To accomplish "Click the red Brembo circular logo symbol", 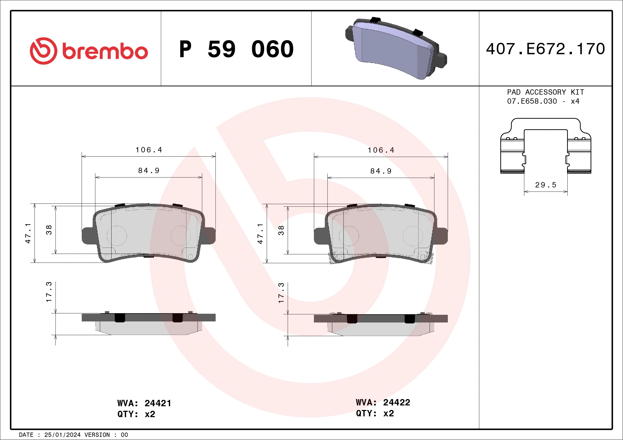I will click(43, 51).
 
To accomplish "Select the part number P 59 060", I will click(236, 49).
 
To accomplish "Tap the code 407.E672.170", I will click(546, 49).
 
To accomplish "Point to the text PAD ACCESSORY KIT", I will click(546, 92).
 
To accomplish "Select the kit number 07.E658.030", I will click(532, 101).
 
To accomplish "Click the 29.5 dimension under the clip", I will click(546, 185).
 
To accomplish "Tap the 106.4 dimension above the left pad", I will click(149, 150).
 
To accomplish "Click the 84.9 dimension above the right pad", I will click(381, 171).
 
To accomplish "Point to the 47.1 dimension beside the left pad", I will click(28, 233).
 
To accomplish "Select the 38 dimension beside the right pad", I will click(281, 230).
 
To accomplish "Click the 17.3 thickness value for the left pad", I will click(49, 292).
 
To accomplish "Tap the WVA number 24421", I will click(158, 403).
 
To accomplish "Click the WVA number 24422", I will click(396, 402).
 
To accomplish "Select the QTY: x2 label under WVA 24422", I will click(375, 413).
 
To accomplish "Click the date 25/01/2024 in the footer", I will click(62, 435).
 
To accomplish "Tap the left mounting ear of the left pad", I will click(87, 236).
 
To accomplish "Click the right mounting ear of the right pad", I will click(441, 236).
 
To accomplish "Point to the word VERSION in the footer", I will click(97, 435).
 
